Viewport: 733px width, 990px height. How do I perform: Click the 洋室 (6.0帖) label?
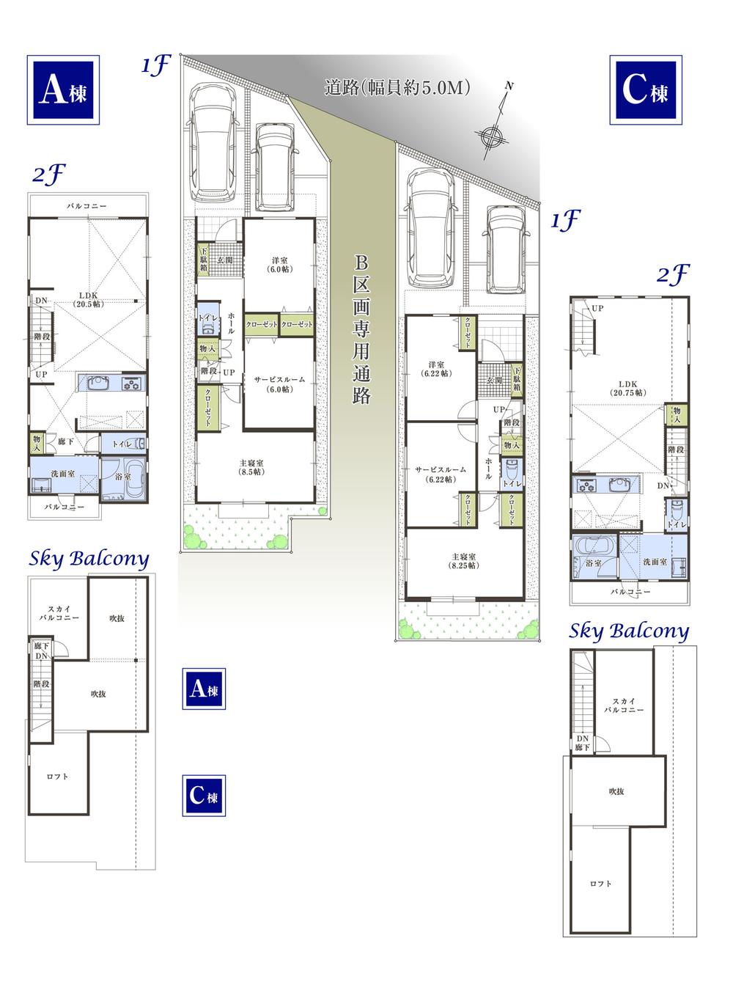coord(279,264)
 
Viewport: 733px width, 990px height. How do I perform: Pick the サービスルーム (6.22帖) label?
coord(440,473)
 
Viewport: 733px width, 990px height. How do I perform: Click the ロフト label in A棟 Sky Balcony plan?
coord(57,777)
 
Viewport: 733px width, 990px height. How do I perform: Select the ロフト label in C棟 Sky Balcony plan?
coord(600,884)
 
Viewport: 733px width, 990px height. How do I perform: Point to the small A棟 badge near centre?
coord(204,689)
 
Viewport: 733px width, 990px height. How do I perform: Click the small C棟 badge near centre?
coord(204,795)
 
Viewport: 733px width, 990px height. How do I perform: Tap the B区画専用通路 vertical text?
coord(361,330)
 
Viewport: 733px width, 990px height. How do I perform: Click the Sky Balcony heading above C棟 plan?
coord(629,631)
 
